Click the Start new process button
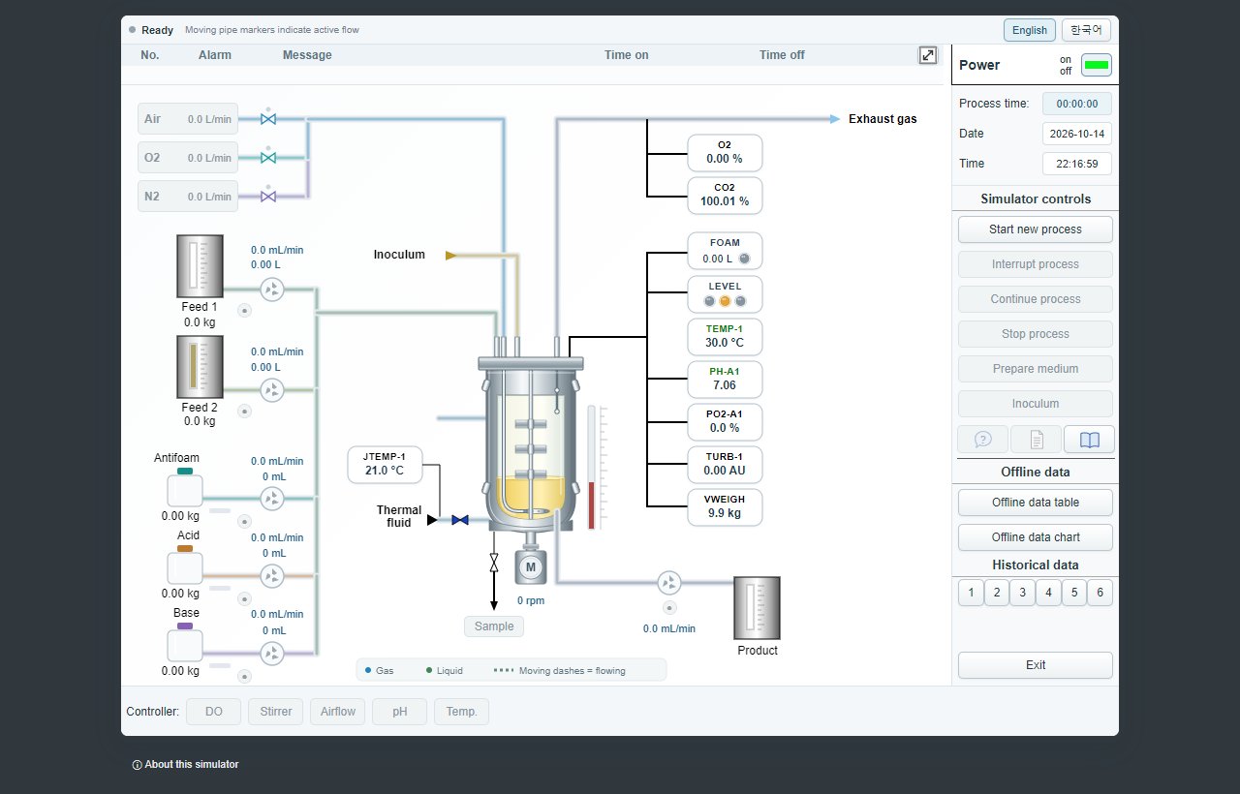(1035, 229)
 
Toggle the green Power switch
(1096, 65)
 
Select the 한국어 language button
(1086, 30)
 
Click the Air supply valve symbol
(268, 119)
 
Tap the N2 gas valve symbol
(268, 197)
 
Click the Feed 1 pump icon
(272, 290)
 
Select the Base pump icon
(272, 654)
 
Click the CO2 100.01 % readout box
(724, 196)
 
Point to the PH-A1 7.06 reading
(724, 379)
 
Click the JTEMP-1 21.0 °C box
(385, 464)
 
